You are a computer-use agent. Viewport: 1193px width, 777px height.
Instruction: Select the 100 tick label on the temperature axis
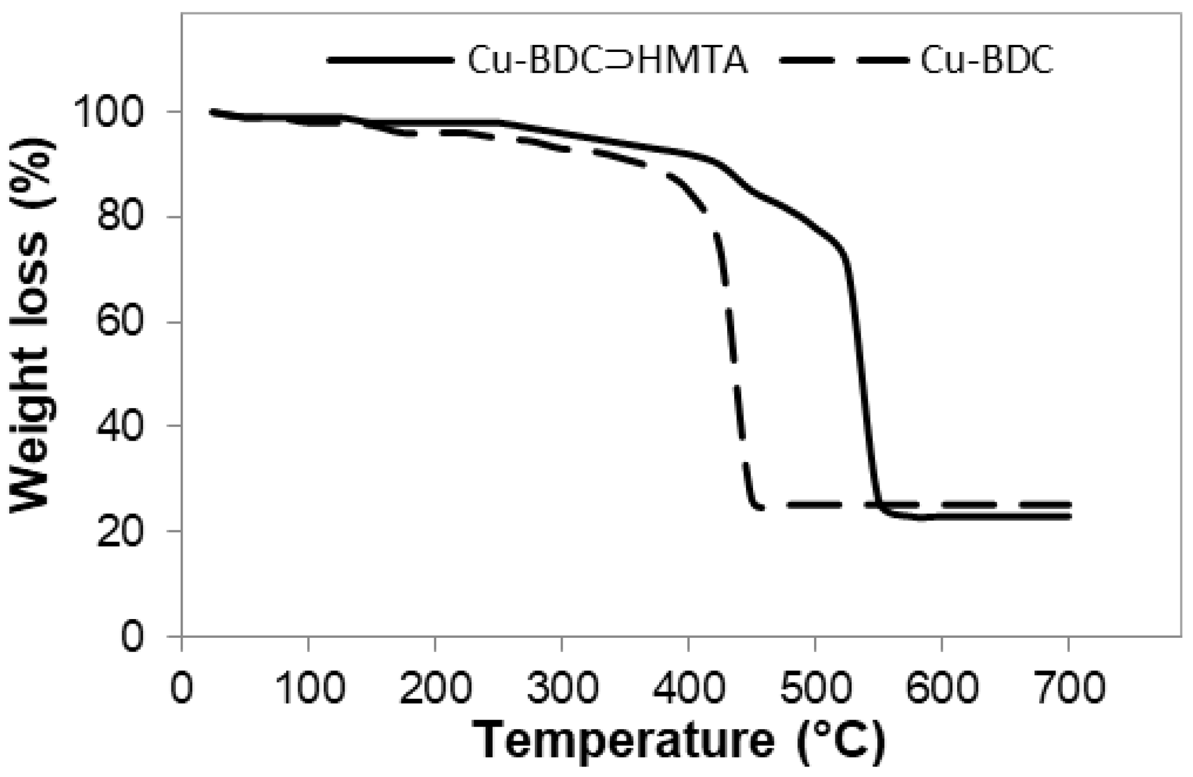click(x=308, y=687)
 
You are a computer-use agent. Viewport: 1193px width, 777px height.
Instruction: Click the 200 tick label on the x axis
click(x=435, y=687)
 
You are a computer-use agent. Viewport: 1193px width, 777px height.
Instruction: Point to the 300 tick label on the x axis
click(x=561, y=687)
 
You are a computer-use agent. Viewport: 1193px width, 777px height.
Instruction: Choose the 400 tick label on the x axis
click(x=688, y=687)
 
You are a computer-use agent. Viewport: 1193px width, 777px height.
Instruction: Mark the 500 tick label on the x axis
click(x=815, y=687)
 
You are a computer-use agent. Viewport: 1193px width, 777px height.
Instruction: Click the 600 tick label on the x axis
click(x=941, y=687)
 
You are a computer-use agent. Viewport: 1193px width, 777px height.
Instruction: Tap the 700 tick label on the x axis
click(x=1068, y=687)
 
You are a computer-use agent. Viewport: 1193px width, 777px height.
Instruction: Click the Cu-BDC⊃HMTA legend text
click(x=607, y=61)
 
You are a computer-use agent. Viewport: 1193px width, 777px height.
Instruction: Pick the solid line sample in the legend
click(x=390, y=60)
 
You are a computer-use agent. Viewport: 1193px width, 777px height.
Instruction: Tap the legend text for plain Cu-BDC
click(x=986, y=61)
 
